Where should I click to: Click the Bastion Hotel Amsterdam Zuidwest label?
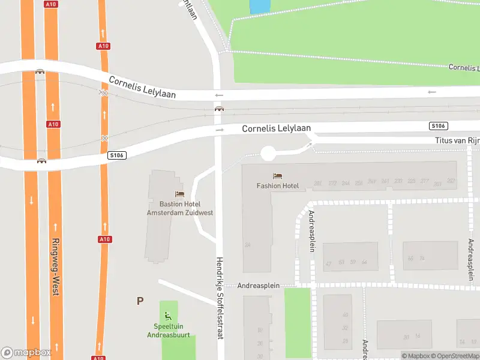tap(179, 208)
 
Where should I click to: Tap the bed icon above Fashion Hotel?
tap(277, 176)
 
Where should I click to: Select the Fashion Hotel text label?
tap(278, 186)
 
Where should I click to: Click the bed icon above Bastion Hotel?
tap(179, 194)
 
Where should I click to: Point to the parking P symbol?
tap(140, 301)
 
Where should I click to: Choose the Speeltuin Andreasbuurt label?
tap(169, 331)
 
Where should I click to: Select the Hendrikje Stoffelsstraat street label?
tap(220, 299)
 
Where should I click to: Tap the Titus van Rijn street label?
tap(457, 140)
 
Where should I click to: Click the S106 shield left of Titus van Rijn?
tap(439, 126)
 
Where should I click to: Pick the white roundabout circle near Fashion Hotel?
tap(268, 153)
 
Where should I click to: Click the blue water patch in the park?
tap(259, 6)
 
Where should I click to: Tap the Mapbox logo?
tap(26, 353)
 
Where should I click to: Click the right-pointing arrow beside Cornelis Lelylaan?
tap(220, 130)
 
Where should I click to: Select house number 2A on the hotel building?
tap(247, 245)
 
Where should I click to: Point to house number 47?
tap(328, 263)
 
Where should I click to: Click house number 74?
tap(422, 259)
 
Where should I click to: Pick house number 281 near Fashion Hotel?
tap(317, 182)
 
